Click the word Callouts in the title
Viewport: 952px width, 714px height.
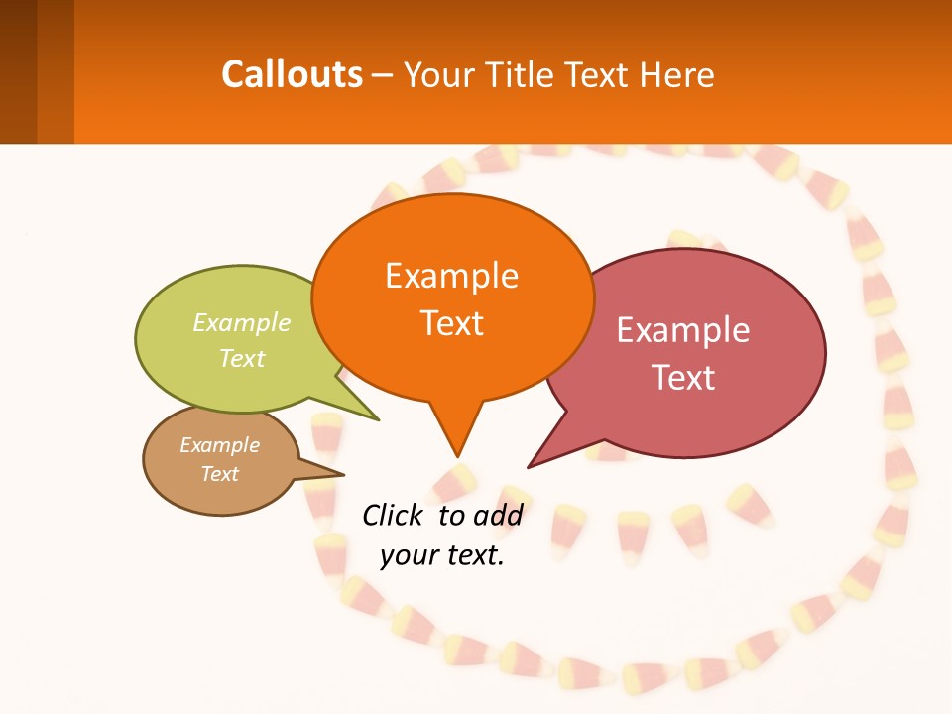[293, 74]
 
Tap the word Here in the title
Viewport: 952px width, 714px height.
[678, 74]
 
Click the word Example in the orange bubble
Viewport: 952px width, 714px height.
[451, 275]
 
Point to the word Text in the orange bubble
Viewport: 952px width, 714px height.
[451, 323]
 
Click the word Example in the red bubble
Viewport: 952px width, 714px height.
[683, 330]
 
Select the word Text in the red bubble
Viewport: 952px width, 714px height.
[683, 378]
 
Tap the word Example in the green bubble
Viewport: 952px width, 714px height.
[242, 323]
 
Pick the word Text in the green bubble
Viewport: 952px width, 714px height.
[242, 358]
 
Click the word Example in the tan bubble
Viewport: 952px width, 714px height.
[219, 445]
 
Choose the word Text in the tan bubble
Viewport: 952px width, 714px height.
[219, 474]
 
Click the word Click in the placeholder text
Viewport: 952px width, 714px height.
[394, 515]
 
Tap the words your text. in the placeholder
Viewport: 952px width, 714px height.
[442, 555]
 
